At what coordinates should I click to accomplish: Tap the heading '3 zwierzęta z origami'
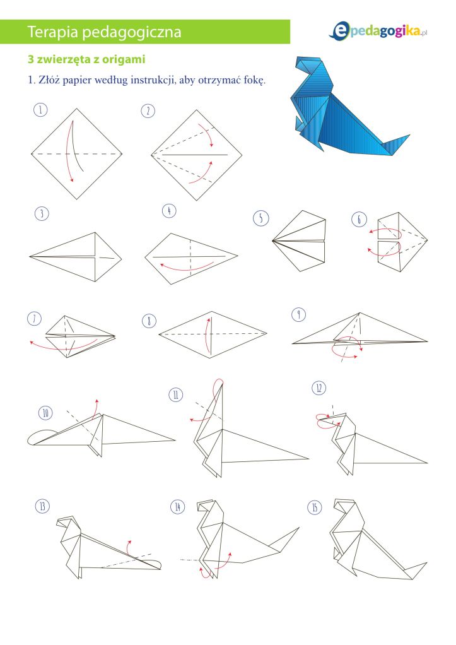[86, 60]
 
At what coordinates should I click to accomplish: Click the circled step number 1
[40, 111]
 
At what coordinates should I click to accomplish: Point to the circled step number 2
[148, 112]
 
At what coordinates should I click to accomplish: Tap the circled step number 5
[260, 218]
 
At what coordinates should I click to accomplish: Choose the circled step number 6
[359, 219]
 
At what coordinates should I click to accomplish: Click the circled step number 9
[298, 314]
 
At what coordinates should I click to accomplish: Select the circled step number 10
[45, 413]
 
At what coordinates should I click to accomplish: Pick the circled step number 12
[320, 388]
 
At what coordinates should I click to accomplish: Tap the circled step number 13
[42, 507]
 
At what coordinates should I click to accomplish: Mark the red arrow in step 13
[131, 547]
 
